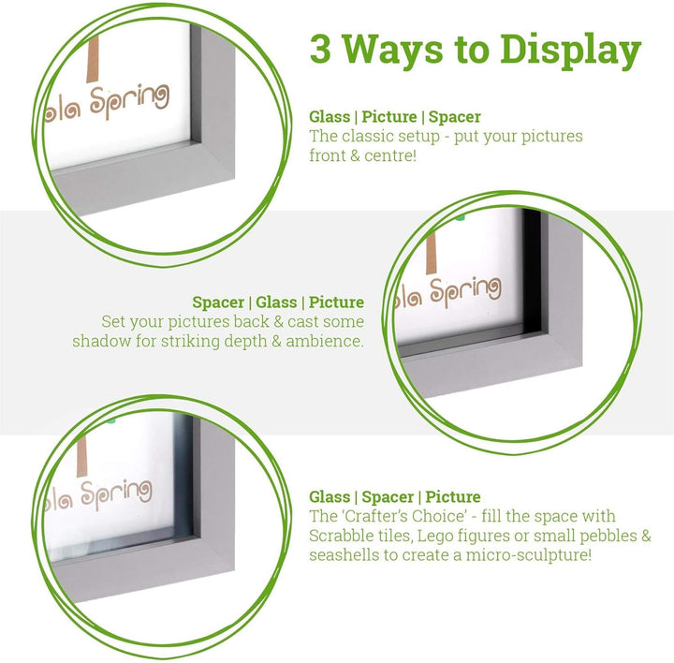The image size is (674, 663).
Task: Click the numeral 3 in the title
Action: (321, 49)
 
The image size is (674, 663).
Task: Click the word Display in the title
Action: (570, 51)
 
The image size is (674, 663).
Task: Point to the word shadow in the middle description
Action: (101, 341)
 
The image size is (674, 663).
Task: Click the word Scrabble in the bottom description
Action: (340, 536)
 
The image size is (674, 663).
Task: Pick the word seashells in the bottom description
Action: (344, 554)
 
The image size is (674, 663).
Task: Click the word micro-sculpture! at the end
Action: (529, 555)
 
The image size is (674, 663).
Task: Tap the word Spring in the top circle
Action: (129, 101)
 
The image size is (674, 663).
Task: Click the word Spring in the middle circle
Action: (465, 292)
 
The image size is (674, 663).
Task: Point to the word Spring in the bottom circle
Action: (116, 494)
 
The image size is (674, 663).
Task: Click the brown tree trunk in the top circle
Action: (93, 59)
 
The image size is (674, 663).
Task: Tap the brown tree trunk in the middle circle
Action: (432, 253)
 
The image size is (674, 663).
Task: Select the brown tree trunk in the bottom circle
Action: (82, 457)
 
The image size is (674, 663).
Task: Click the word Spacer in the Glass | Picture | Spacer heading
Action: (455, 117)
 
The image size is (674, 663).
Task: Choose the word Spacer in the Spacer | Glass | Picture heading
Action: (218, 302)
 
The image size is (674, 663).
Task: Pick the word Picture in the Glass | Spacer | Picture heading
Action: (453, 497)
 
